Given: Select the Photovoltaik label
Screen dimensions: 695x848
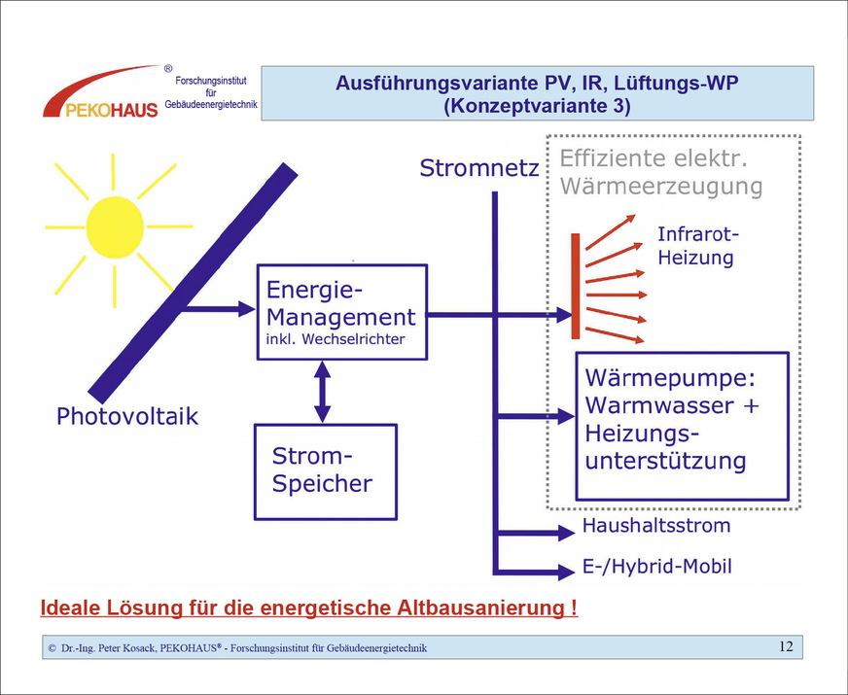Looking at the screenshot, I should click(x=127, y=417).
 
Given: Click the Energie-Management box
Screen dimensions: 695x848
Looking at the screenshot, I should click(x=340, y=312).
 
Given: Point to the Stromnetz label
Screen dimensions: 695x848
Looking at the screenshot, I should click(x=478, y=169).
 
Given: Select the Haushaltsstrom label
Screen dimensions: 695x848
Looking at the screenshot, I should click(x=655, y=526).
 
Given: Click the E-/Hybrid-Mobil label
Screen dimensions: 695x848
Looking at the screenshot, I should click(x=656, y=566).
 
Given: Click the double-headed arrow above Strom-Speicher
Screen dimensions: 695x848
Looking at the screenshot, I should click(x=322, y=390).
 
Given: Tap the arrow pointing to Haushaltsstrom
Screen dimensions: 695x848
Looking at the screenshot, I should click(x=535, y=533).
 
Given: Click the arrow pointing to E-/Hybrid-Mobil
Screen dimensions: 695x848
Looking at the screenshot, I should click(x=535, y=571).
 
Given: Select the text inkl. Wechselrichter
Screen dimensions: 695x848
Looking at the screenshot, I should click(x=335, y=339).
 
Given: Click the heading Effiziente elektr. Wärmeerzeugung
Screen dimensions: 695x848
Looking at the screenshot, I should click(x=661, y=172).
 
